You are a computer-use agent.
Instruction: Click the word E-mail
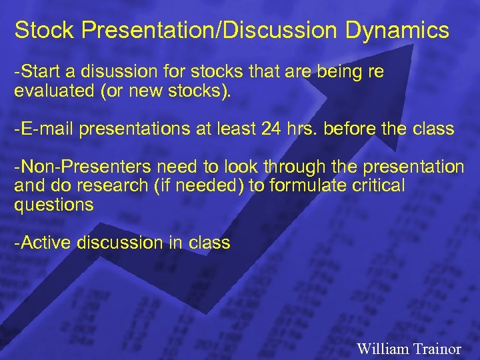pos(48,129)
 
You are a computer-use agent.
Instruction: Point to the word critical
pos(376,186)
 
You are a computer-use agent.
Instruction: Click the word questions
pos(54,205)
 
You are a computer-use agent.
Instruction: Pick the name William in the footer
pos(381,348)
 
